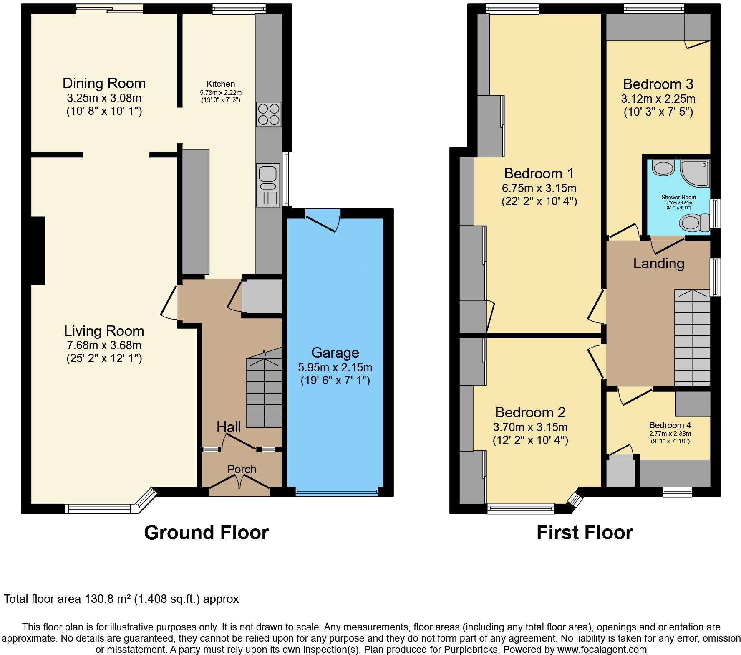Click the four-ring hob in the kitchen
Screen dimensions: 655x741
point(269,114)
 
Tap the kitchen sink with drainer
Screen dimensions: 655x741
point(267,185)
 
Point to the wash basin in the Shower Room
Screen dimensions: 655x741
point(663,168)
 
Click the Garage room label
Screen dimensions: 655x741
point(335,353)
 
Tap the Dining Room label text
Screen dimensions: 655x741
point(104,83)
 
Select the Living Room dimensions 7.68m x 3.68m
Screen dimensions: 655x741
point(104,345)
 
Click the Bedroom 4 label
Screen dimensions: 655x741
point(670,425)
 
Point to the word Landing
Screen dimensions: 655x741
point(658,263)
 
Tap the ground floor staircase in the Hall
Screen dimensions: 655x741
point(264,393)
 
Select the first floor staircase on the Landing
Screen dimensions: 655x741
point(692,338)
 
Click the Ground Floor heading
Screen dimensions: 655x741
point(206,533)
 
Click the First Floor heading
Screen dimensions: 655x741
point(584,533)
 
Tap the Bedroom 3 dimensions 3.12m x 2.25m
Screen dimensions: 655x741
point(658,99)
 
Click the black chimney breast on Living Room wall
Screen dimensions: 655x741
point(38,251)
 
